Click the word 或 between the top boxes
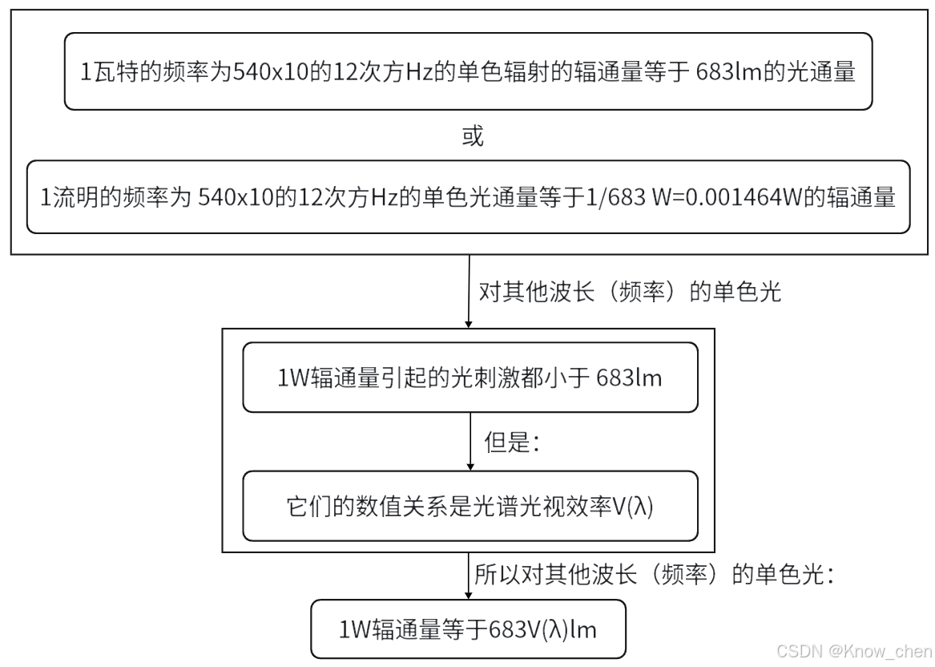tap(473, 136)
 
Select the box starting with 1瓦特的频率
tap(467, 72)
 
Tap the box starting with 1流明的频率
tap(467, 197)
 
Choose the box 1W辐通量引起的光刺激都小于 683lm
tap(470, 378)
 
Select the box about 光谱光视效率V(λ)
tap(470, 506)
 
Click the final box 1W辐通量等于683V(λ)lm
tap(467, 629)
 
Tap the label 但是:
tap(512, 443)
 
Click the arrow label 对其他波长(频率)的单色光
tap(629, 292)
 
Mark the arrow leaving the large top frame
tap(469, 292)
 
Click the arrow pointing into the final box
tap(469, 576)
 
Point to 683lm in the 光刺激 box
tap(629, 378)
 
